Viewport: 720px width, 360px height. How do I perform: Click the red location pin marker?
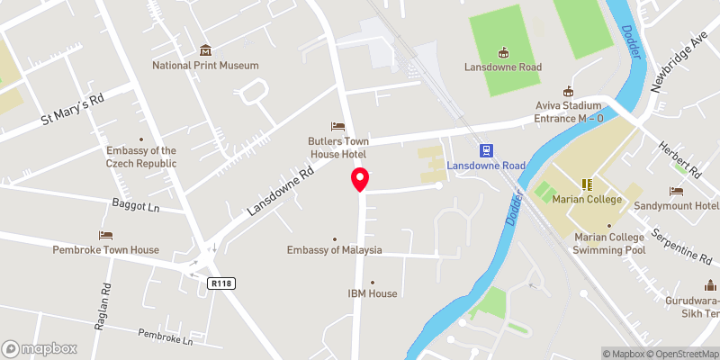360,179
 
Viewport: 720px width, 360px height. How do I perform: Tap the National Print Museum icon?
205,49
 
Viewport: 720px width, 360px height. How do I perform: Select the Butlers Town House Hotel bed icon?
337,126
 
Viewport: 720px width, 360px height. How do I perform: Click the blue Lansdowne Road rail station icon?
486,150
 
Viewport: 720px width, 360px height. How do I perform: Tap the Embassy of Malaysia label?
335,250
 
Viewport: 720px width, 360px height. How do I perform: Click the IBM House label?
372,293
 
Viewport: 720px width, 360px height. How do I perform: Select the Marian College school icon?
586,184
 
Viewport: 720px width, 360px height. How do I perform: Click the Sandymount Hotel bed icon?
676,191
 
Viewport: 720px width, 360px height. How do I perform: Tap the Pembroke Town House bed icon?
106,235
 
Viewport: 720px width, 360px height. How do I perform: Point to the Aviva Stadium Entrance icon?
568,91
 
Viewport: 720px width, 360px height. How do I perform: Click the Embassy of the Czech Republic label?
141,157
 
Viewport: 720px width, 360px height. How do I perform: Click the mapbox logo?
38,348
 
